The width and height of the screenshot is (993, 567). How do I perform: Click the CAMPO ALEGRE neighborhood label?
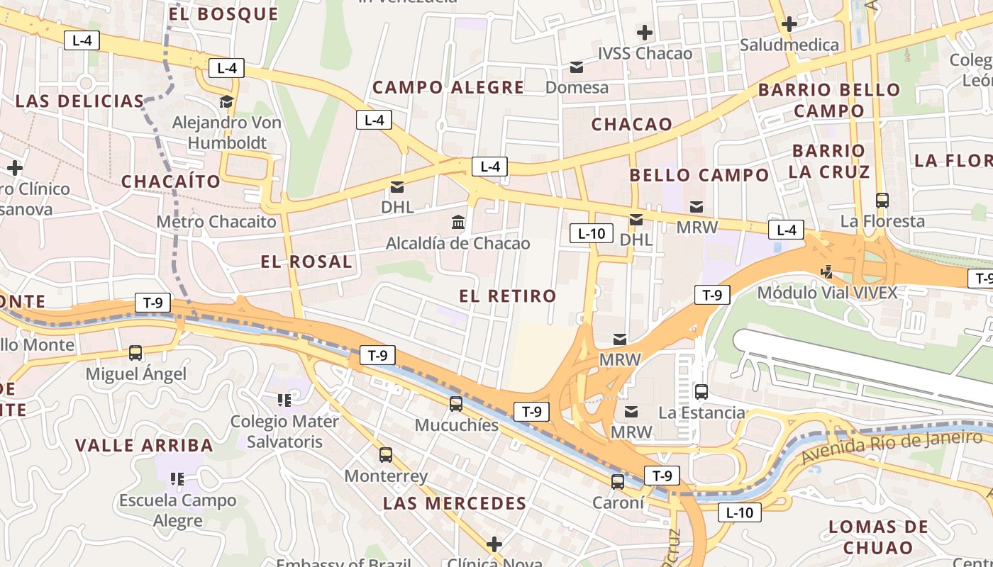pos(448,88)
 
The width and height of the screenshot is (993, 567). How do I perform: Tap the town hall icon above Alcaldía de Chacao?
pos(458,223)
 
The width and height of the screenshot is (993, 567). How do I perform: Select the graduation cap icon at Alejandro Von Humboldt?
pos(227,102)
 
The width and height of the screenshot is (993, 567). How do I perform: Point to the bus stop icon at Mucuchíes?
pos(456,404)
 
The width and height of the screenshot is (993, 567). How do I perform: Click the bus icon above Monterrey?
pos(386,455)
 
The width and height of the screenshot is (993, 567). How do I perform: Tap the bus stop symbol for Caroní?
pos(618,482)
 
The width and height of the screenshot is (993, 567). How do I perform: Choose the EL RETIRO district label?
pos(508,296)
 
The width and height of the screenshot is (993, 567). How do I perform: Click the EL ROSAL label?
pos(306,262)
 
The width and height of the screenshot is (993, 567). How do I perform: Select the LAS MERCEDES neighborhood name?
pos(455,504)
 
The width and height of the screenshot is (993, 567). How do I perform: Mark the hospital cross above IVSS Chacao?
pos(644,33)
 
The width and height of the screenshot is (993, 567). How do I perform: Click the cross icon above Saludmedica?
pos(789,25)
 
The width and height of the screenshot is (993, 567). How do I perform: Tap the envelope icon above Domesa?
pos(577,67)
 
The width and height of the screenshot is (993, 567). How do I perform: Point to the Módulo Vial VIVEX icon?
pos(826,271)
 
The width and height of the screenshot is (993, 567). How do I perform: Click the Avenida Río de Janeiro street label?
pos(892,448)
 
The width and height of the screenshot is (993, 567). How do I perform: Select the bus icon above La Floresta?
pos(882,201)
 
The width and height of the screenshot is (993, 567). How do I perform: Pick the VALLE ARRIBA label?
pos(144,446)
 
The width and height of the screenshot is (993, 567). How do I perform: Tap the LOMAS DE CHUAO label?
pos(878,537)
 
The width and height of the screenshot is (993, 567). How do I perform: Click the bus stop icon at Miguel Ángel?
pos(135,352)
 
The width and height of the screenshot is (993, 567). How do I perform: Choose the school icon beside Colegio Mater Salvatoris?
pos(284,400)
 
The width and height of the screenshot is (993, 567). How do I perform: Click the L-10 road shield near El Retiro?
pos(591,233)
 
